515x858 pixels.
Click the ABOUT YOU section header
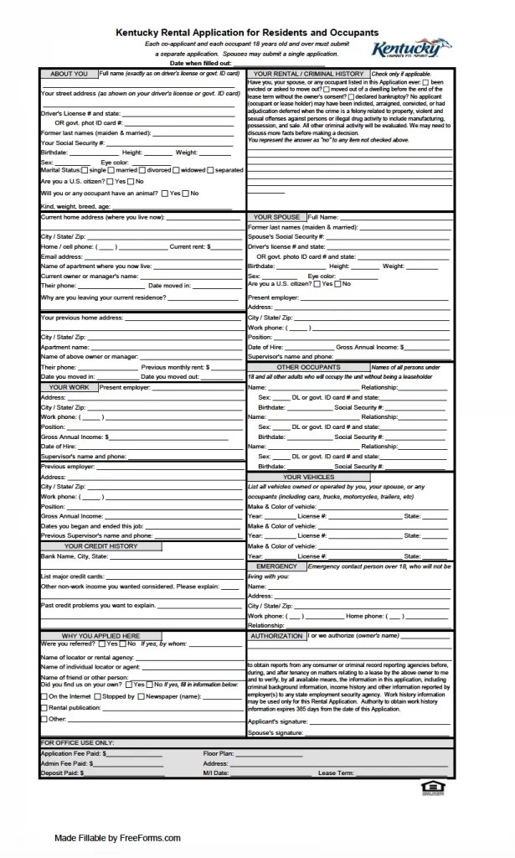click(x=69, y=74)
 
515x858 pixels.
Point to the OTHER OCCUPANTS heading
click(x=308, y=367)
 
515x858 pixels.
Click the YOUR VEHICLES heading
click(x=308, y=477)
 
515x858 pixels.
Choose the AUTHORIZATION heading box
click(x=276, y=636)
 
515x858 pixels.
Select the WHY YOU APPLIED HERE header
click(x=100, y=636)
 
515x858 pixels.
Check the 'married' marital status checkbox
click(x=118, y=170)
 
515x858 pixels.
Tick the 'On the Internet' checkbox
click(x=44, y=696)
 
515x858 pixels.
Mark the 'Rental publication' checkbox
click(x=44, y=707)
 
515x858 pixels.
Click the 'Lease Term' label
click(x=337, y=772)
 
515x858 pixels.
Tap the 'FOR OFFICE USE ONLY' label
click(x=77, y=742)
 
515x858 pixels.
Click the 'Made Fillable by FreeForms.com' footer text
click(x=117, y=837)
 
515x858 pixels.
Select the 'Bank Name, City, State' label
click(x=75, y=556)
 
